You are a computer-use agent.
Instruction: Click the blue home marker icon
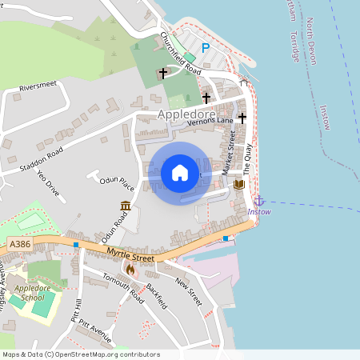coord(180,173)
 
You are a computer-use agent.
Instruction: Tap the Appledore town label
coord(186,114)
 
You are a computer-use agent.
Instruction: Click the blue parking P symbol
coord(206,48)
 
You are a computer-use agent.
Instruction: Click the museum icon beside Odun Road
coord(126,206)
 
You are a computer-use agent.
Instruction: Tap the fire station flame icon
coord(131,270)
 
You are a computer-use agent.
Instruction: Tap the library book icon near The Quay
coord(238,185)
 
